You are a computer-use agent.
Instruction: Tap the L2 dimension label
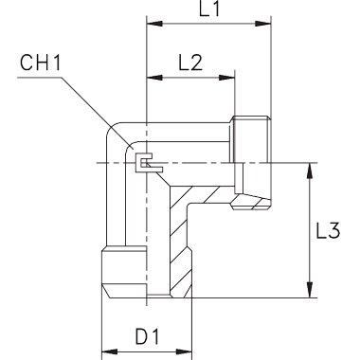190,63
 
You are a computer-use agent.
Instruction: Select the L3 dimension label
328,230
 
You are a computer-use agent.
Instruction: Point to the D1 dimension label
147,336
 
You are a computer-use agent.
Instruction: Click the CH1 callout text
40,63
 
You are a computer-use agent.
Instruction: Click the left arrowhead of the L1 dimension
154,24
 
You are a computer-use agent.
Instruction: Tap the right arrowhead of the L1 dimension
263,24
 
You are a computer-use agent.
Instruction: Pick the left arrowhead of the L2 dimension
154,78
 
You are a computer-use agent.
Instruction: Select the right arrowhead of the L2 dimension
227,78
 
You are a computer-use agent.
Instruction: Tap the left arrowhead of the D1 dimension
109,351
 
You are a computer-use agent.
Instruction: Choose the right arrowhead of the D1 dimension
184,351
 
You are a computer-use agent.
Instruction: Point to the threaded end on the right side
251,163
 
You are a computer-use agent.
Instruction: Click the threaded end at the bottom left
124,272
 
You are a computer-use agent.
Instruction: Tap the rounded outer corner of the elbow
111,129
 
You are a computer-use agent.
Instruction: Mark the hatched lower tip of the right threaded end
251,204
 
